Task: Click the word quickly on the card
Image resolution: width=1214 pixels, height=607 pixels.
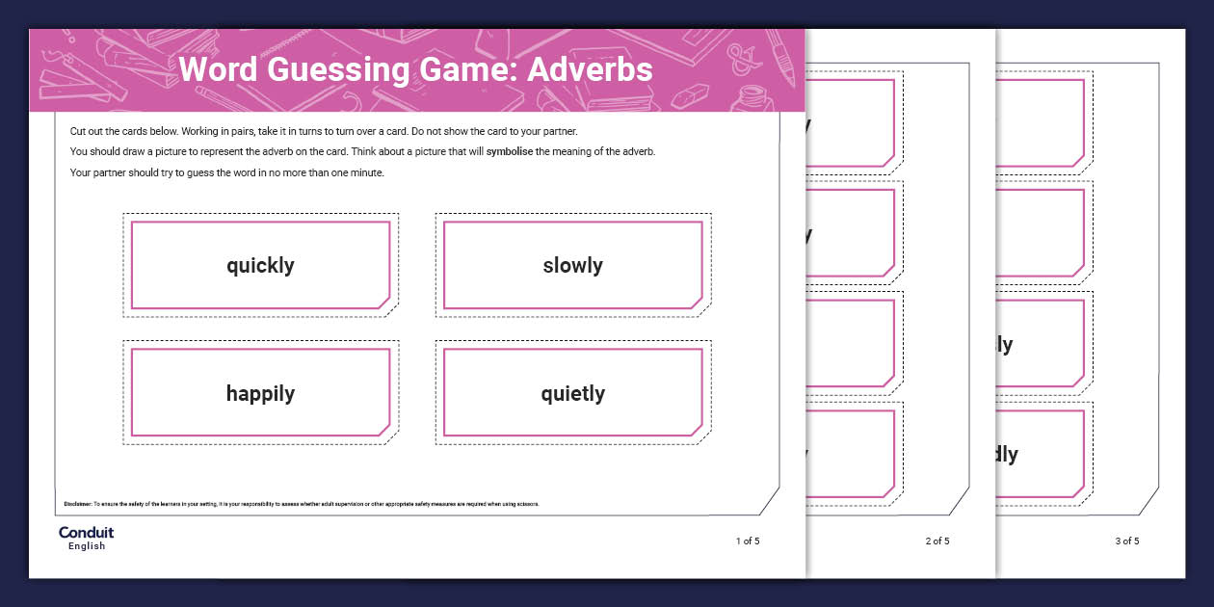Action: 260,266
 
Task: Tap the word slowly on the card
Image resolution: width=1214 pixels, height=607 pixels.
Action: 572,266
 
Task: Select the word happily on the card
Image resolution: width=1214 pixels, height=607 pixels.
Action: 260,393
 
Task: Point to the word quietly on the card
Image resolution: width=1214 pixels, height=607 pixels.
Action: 572,393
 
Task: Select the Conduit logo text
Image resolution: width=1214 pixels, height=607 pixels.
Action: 86,532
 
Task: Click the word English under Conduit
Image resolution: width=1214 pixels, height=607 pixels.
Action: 86,546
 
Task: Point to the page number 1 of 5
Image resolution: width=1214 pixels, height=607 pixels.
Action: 748,541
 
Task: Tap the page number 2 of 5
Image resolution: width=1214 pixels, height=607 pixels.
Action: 937,541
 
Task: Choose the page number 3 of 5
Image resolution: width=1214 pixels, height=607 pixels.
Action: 1127,541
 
